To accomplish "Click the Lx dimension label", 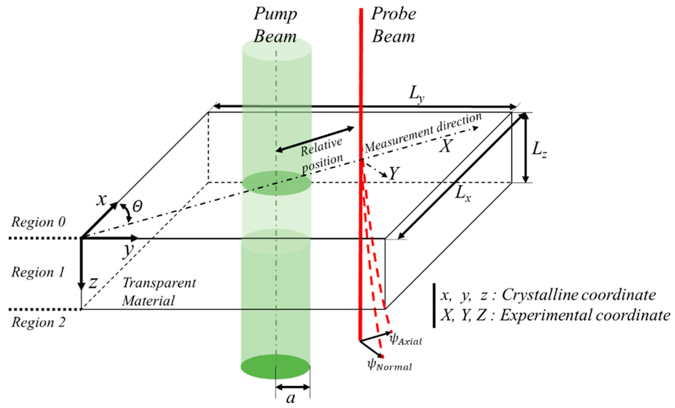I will (463, 195).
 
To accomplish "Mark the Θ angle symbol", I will (137, 207).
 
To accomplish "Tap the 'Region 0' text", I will (38, 222).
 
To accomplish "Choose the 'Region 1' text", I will (38, 272).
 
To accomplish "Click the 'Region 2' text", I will (38, 322).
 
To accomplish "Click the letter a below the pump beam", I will (291, 398).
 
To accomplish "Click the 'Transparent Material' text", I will (159, 292).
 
